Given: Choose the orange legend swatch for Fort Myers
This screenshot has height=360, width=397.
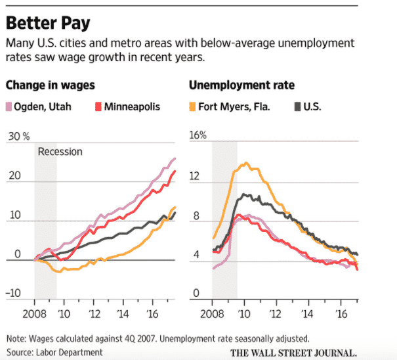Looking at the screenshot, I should coord(192,106).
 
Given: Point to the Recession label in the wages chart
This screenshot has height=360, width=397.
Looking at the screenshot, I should coord(60,152).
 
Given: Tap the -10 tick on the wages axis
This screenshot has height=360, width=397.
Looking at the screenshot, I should coord(12,293).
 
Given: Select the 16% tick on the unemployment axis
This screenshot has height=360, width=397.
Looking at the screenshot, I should coord(198,136).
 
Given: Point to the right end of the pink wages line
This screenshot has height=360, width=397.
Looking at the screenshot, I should coord(175,158).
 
